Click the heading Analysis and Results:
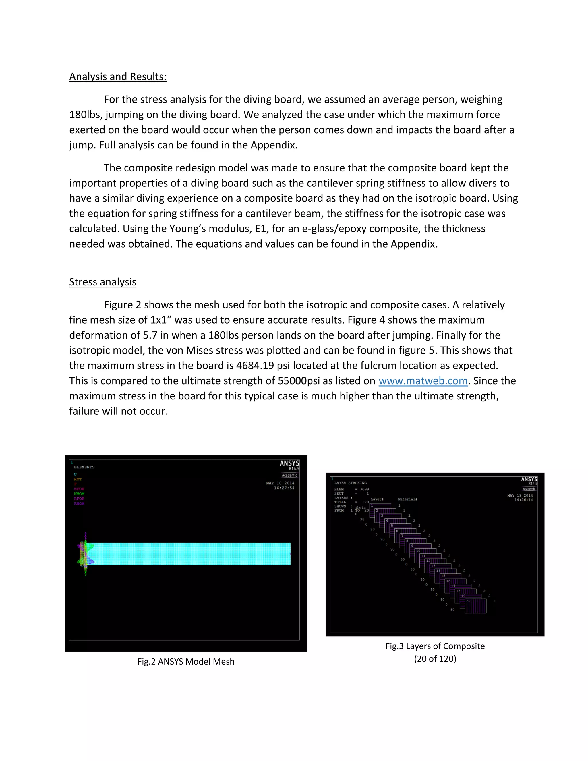click(118, 76)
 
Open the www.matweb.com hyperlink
click(423, 380)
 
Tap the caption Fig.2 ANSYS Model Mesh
click(186, 661)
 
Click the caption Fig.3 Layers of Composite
click(435, 646)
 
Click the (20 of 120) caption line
click(435, 658)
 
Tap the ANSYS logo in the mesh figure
click(289, 463)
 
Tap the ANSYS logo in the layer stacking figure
click(529, 480)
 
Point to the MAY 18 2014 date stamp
click(280, 483)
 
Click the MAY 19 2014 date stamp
click(520, 495)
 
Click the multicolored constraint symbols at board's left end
click(85, 554)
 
